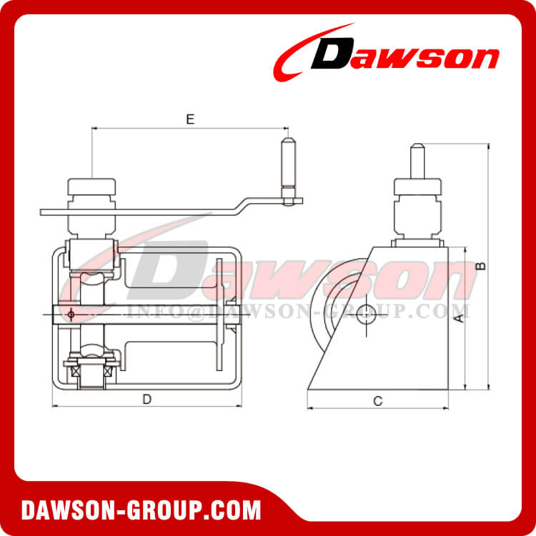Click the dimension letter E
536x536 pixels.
coord(190,119)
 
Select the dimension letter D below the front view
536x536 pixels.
coord(147,399)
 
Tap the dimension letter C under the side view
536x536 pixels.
coord(377,402)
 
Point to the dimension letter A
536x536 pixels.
coord(459,317)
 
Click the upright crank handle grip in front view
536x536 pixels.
coord(288,163)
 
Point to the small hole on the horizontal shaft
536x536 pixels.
coord(71,312)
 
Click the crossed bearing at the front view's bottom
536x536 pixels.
coord(89,370)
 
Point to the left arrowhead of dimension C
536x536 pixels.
coord(309,410)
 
